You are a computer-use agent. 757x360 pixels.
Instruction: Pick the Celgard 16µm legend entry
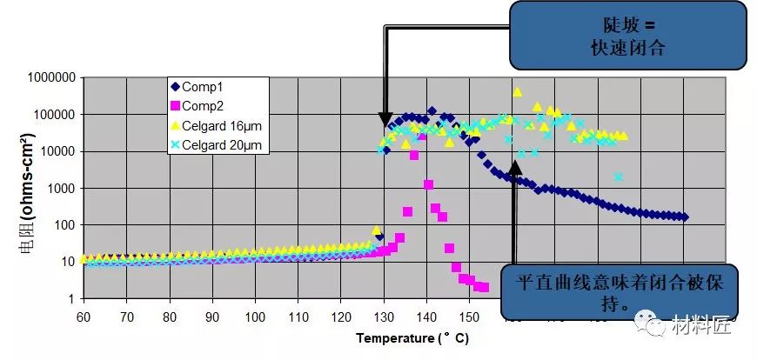[218, 126]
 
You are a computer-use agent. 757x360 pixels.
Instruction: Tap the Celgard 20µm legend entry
[218, 145]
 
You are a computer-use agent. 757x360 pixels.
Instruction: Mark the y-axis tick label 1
[72, 299]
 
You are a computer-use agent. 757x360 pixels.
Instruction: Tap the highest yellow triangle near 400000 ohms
[518, 92]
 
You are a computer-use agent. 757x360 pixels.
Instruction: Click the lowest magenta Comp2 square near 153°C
[484, 288]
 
